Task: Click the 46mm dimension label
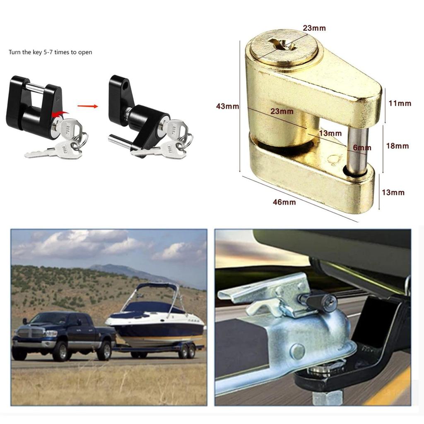284,202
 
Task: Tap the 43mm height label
227,106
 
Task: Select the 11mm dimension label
400,103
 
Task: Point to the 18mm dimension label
397,146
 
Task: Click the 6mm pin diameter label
362,147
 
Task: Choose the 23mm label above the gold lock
314,28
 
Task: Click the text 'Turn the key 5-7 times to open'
50,52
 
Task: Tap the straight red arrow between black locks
88,106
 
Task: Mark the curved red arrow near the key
60,113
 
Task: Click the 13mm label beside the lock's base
393,192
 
